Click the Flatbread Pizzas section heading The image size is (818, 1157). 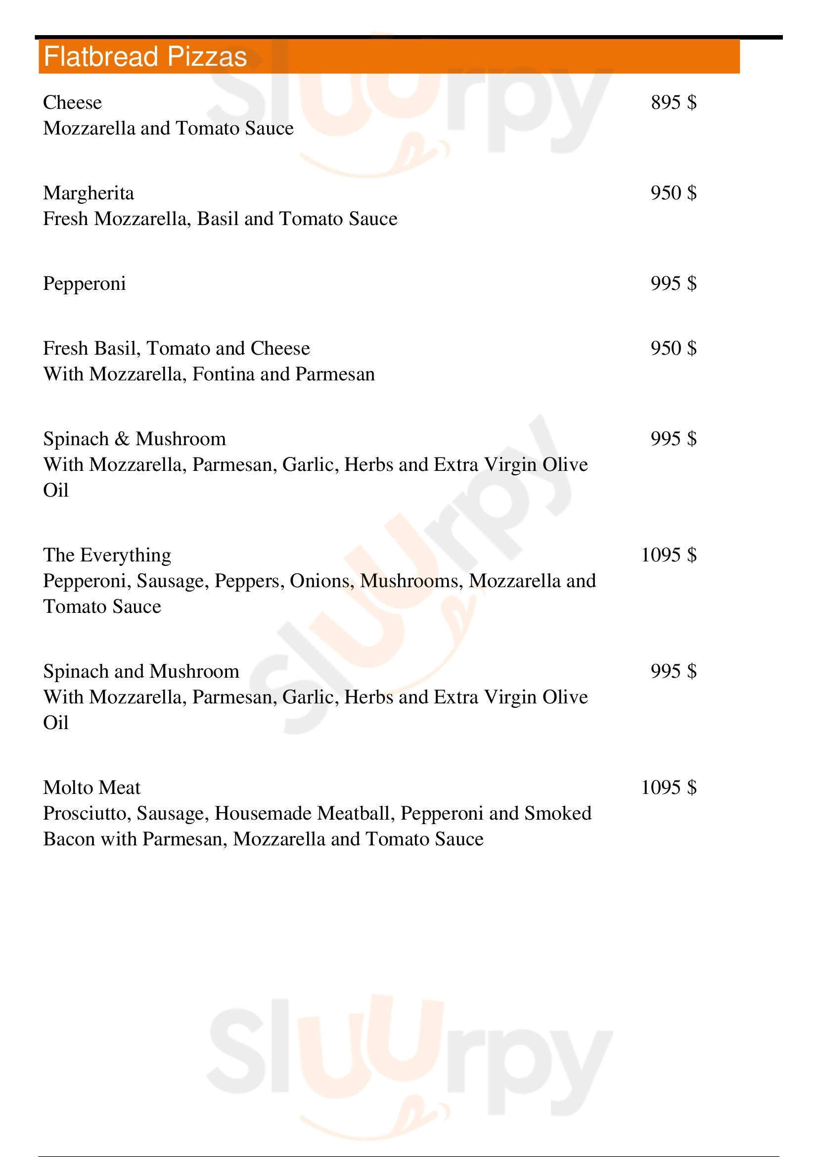[x=145, y=56]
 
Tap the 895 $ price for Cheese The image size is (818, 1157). [x=674, y=102]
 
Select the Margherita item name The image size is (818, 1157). [x=89, y=193]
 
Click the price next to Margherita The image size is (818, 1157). [x=674, y=193]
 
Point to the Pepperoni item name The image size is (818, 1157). [x=84, y=284]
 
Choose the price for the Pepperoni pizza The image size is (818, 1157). [x=674, y=283]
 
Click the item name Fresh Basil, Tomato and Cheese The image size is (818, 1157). [x=176, y=348]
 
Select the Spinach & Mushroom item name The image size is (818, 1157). [x=135, y=439]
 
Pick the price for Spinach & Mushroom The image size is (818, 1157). [x=674, y=438]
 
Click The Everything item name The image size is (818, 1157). [x=107, y=555]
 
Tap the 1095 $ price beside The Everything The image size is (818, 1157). [x=669, y=555]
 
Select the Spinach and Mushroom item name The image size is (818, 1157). [x=141, y=672]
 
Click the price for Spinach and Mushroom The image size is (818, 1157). [x=674, y=671]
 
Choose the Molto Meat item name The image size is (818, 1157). [x=91, y=787]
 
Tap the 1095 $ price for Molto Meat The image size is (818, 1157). [x=669, y=787]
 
